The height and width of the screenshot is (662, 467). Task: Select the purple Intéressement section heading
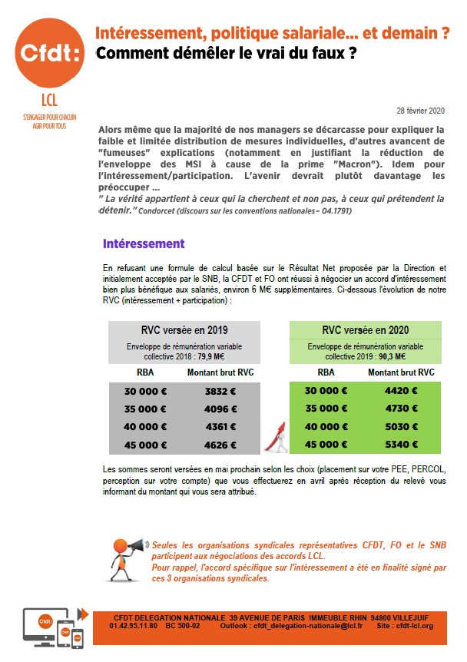pyautogui.click(x=144, y=243)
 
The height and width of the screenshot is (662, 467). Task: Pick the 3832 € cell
pyautogui.click(x=220, y=391)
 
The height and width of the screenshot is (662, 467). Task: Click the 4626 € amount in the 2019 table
pyautogui.click(x=220, y=444)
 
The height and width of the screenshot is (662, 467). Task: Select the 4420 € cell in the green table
pyautogui.click(x=402, y=391)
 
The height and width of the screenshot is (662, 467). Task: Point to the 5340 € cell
pyautogui.click(x=402, y=444)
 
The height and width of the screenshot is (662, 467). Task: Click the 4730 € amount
pyautogui.click(x=402, y=409)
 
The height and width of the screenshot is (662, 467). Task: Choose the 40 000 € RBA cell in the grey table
pyautogui.click(x=145, y=426)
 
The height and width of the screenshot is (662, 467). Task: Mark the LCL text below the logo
pyautogui.click(x=48, y=100)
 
